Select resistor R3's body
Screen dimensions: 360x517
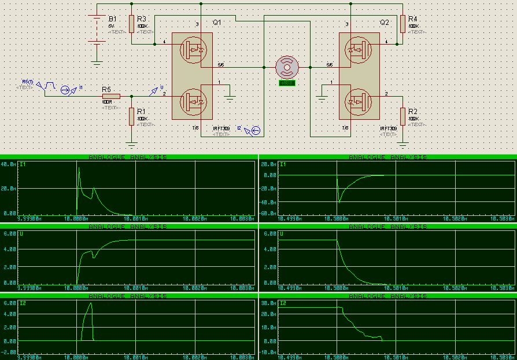[x=132, y=24]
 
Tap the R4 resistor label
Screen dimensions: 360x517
[x=412, y=19]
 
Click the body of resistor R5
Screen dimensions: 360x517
[x=111, y=97]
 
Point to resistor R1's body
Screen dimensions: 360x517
[x=132, y=116]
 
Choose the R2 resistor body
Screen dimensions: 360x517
[x=402, y=116]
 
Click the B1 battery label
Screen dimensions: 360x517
[x=112, y=19]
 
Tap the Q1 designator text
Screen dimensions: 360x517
[x=217, y=23]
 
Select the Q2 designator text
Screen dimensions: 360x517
[x=385, y=23]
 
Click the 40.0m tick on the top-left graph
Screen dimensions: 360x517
[x=9, y=164]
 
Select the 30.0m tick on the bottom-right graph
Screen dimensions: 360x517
[x=268, y=303]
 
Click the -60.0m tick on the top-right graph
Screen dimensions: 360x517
[x=268, y=214]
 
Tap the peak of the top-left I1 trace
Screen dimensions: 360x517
[x=79, y=167]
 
